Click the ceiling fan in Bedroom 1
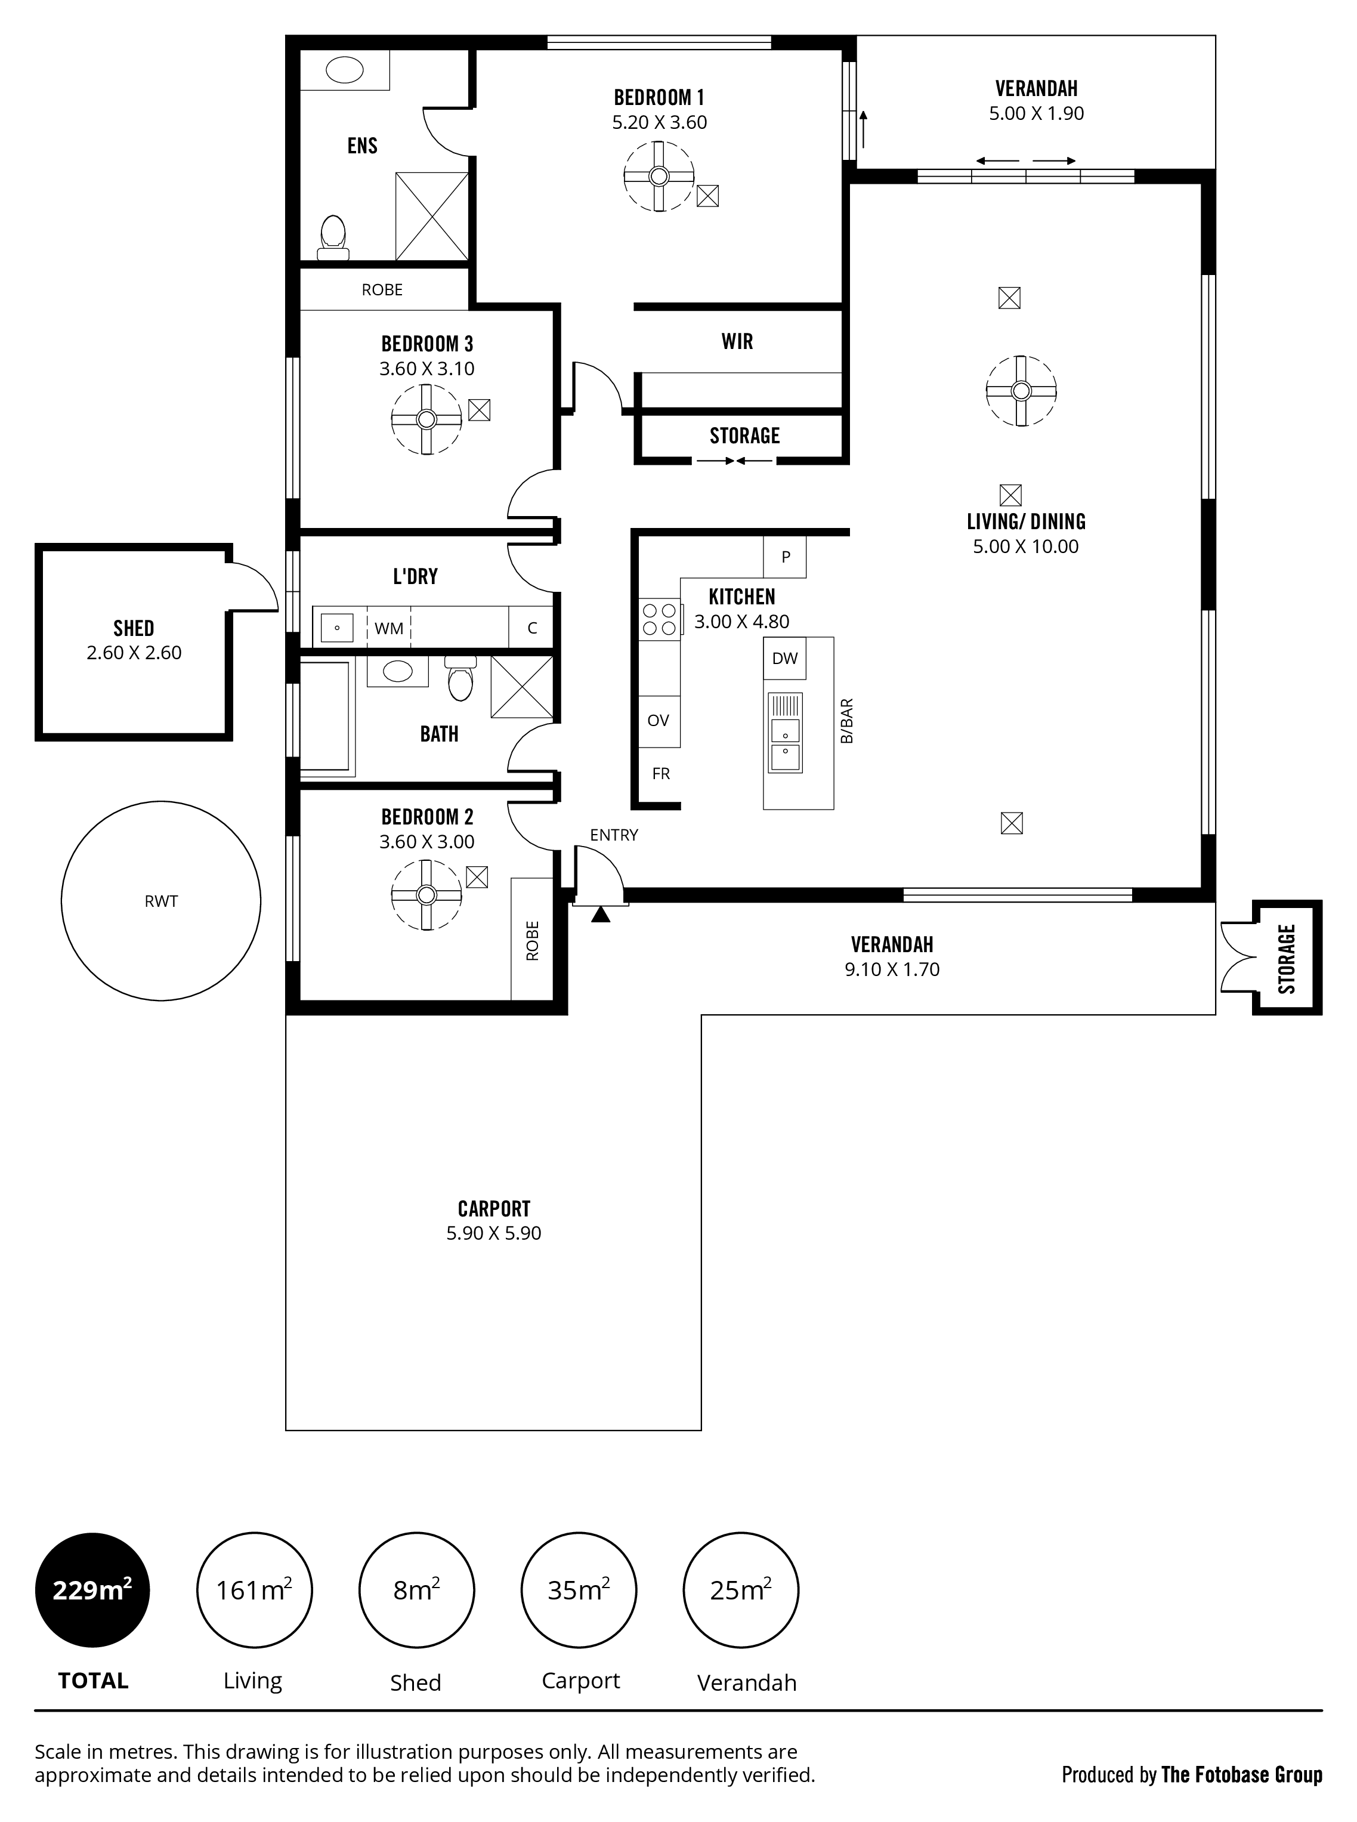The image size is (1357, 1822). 659,177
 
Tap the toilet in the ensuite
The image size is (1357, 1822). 333,237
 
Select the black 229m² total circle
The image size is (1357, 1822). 92,1591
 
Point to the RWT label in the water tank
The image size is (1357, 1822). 161,901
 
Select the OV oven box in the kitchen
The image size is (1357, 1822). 659,721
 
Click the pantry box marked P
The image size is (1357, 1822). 786,557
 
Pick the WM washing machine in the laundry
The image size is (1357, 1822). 388,628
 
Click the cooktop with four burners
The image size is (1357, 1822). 660,619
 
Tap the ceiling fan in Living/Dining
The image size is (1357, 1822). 1021,391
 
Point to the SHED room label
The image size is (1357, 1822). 134,628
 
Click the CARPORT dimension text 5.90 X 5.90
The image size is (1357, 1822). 494,1233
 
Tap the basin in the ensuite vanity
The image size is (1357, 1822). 345,70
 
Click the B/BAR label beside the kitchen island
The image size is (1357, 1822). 848,721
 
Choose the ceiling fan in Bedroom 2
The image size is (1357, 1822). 425,895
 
